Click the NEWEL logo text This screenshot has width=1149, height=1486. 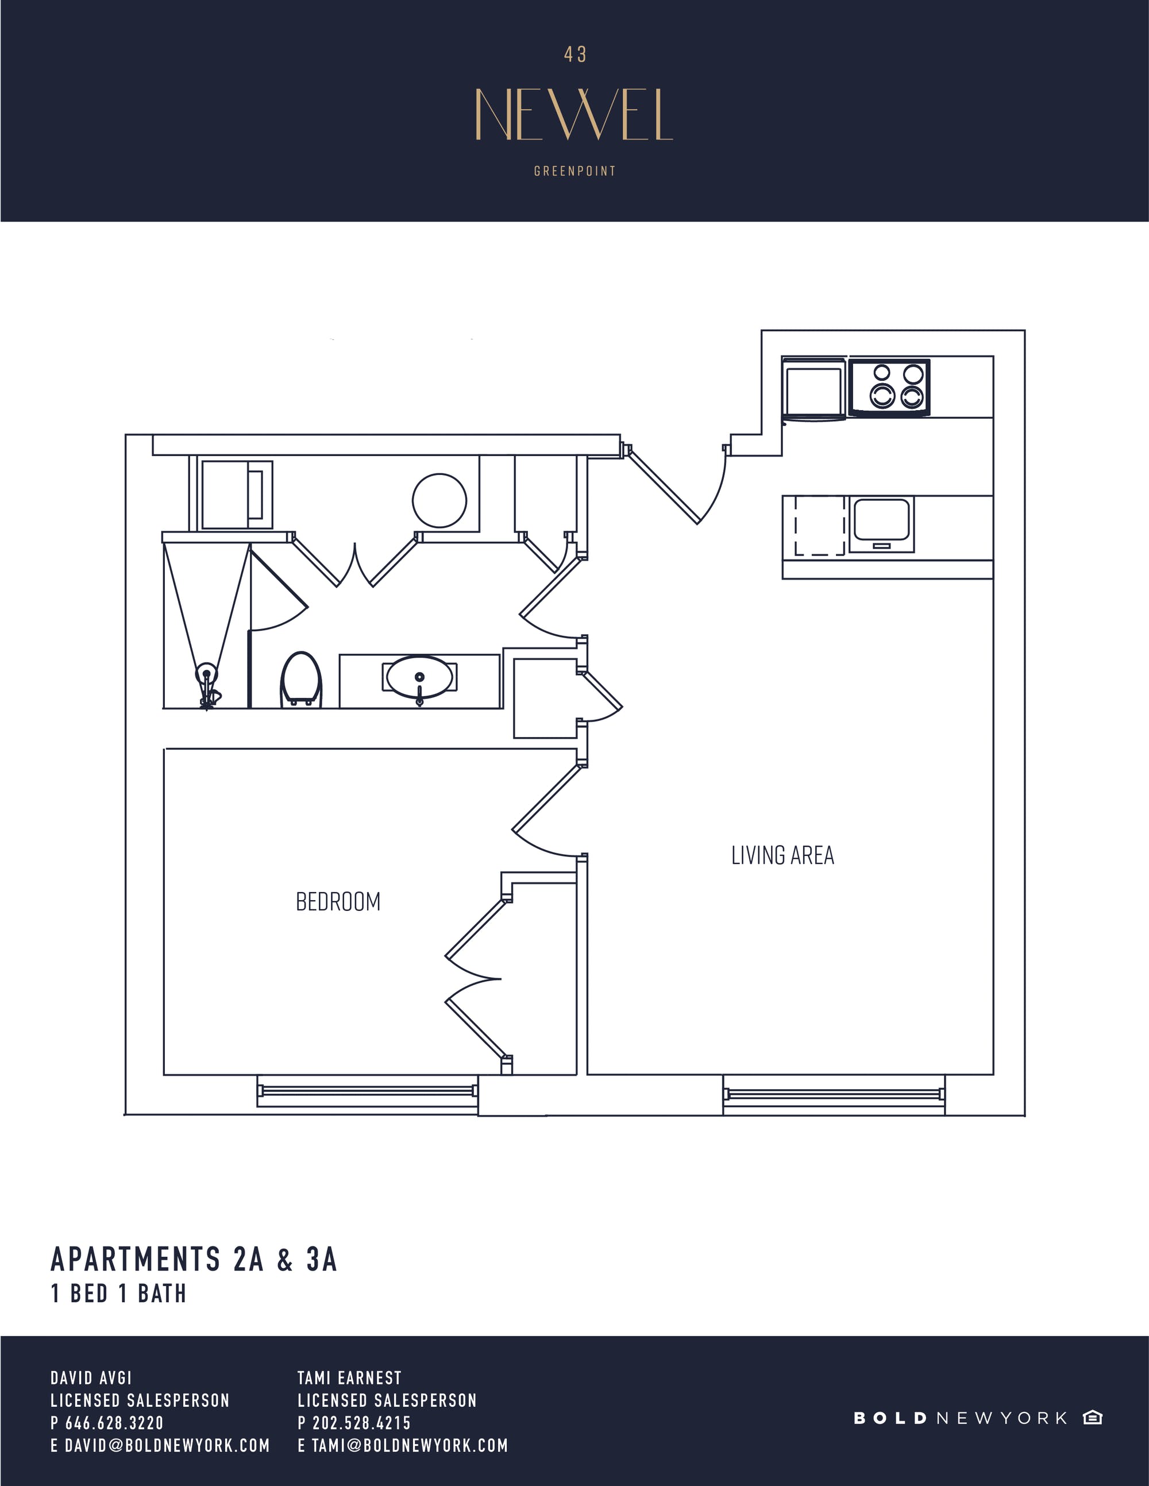(x=574, y=114)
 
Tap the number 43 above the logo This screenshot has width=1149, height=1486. (x=575, y=55)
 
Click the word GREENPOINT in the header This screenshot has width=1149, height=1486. (x=575, y=171)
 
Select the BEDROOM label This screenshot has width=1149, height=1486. (x=338, y=902)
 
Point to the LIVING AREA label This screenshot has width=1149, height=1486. (x=782, y=855)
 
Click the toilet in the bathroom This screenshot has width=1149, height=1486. (x=301, y=678)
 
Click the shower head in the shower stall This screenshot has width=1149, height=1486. (x=206, y=675)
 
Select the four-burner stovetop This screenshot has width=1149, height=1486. (x=889, y=386)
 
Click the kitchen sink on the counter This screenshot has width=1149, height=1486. (x=882, y=523)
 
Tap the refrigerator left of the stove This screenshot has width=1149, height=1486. (x=813, y=389)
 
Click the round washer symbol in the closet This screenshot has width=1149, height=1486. (x=439, y=500)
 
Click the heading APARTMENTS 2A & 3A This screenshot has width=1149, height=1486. (x=194, y=1260)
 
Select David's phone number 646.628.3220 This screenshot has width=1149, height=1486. (x=114, y=1422)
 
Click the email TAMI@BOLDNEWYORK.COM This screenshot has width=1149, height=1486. (x=410, y=1445)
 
